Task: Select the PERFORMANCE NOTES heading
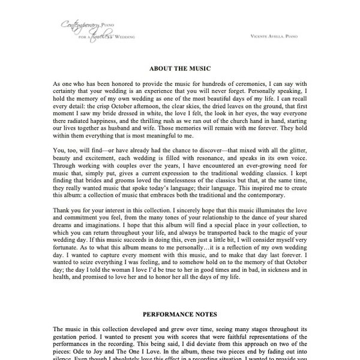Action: click(x=179, y=314)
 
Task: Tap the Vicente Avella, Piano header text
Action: click(x=275, y=37)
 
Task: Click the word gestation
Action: click(x=67, y=338)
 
